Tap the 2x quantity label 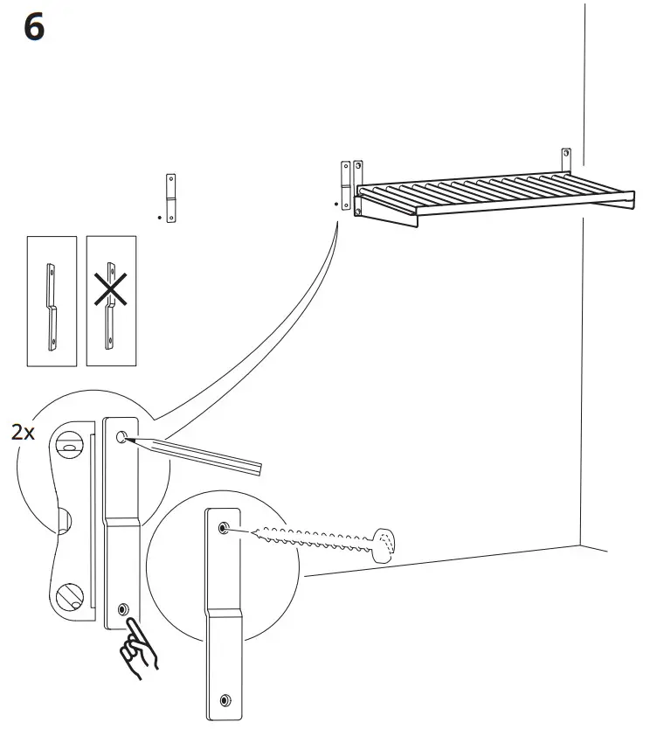tap(23, 431)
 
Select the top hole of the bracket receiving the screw tap(224, 529)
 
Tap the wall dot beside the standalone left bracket tap(159, 215)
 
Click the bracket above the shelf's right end tap(565, 161)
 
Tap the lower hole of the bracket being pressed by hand tap(122, 608)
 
